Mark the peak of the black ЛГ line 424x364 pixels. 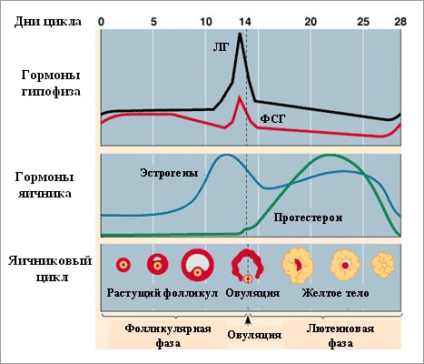tap(239, 35)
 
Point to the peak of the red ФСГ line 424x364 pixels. tap(238, 97)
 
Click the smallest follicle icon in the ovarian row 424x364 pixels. tap(123, 265)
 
